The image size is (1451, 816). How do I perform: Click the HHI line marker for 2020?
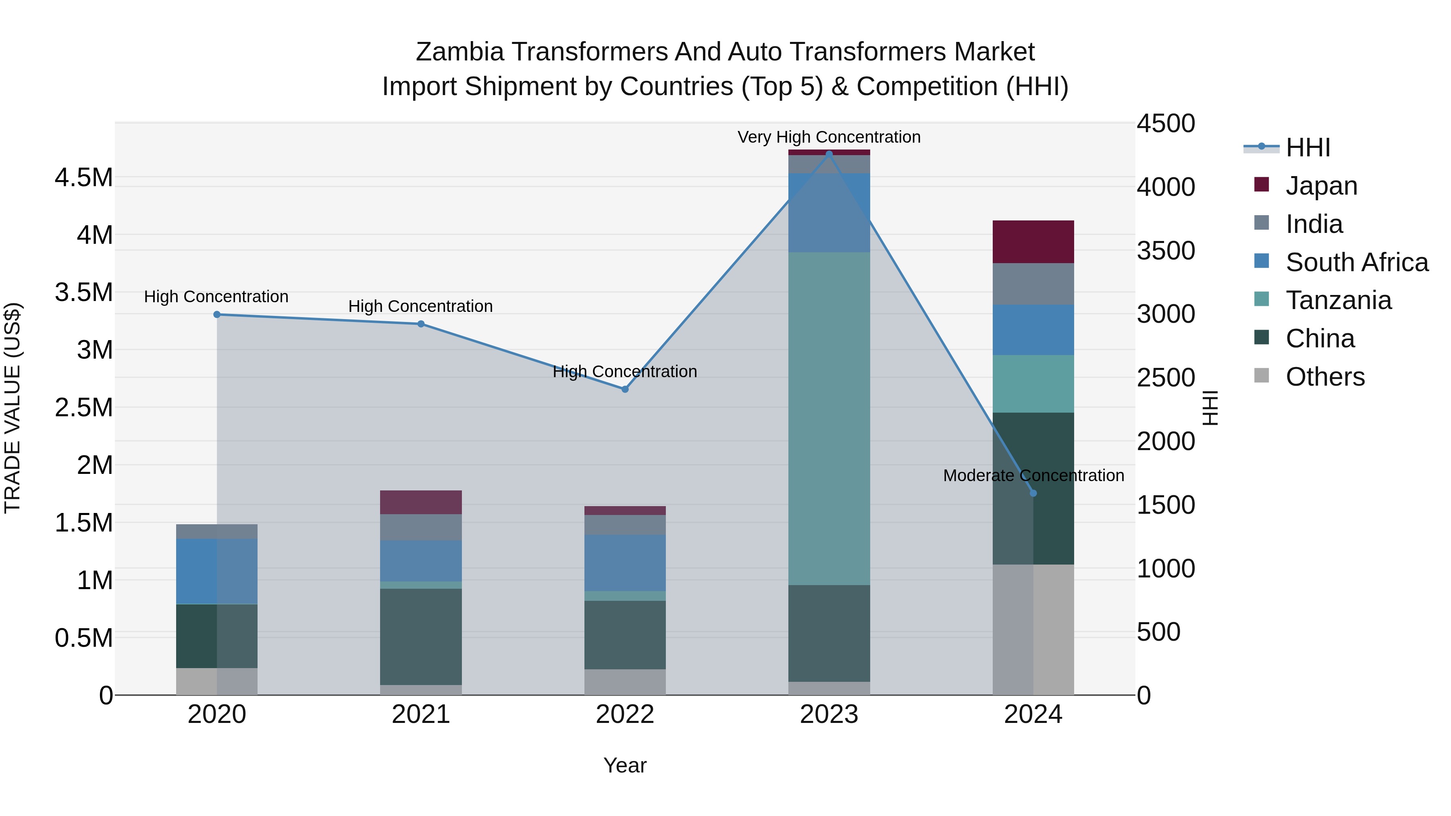pos(217,314)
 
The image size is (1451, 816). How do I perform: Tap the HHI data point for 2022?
pos(625,389)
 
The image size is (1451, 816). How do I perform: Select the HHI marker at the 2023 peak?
pos(829,154)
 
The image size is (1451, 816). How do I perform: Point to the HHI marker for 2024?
pos(1033,493)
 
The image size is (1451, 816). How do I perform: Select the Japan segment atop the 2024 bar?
pos(1033,242)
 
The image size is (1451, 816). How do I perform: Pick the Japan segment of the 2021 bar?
pos(421,502)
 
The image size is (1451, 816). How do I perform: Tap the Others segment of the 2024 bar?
pos(1033,629)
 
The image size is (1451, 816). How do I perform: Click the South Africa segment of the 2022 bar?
pos(625,562)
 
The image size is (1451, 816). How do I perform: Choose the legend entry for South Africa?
pos(1356,262)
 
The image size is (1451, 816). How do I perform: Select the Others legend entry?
pos(1325,377)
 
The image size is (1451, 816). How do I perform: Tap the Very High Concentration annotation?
pos(829,137)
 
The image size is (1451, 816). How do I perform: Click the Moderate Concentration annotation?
pos(1033,475)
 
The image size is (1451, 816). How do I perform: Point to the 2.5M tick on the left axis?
pos(83,407)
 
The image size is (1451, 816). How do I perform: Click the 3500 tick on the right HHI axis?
pos(1165,251)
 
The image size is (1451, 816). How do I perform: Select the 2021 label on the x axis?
pos(421,714)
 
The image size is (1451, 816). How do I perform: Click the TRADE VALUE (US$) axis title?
pos(12,407)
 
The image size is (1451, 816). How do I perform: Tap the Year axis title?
pos(625,765)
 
